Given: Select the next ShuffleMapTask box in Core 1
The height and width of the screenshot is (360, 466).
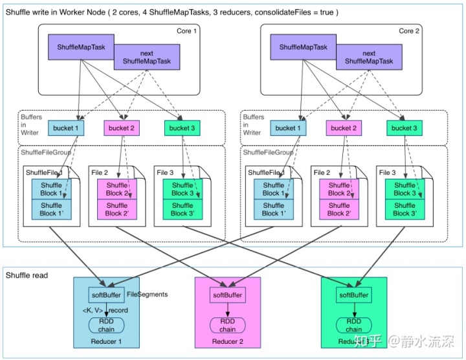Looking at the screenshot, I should tap(147, 58).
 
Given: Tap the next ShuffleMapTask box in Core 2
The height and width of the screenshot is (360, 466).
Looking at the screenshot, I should tap(369, 58).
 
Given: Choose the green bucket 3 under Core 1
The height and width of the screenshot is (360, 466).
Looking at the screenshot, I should tap(182, 128).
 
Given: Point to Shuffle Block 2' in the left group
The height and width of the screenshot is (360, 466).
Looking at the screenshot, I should tap(117, 209).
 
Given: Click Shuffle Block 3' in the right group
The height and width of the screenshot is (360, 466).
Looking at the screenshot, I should tap(405, 209).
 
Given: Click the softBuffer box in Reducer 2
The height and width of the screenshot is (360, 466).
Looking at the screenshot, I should tap(228, 295).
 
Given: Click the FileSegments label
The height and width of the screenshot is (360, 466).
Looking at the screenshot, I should tap(147, 295).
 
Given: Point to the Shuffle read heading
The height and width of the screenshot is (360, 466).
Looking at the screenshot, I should tap(27, 276).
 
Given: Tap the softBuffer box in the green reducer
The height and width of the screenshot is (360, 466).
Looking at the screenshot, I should tap(353, 295).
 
